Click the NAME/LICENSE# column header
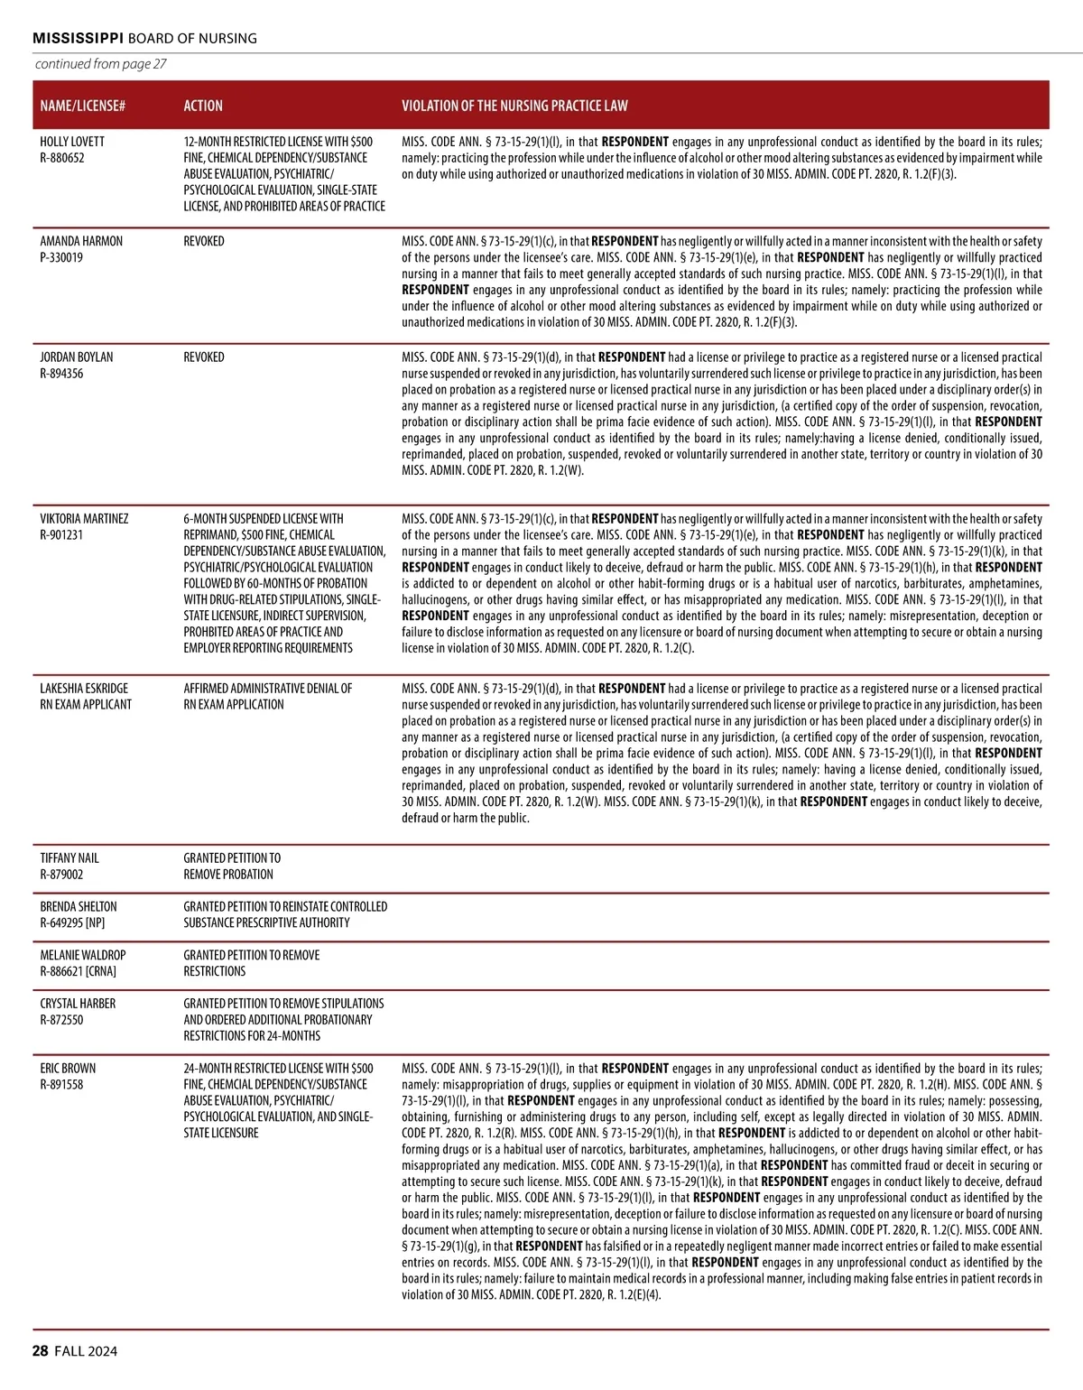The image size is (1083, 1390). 82,106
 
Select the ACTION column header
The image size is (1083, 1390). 203,106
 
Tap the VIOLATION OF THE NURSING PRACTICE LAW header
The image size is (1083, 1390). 514,106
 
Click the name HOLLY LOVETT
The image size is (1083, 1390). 72,142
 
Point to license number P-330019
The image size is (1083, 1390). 61,257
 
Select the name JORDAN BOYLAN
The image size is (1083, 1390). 77,357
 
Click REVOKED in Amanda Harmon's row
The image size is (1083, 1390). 204,241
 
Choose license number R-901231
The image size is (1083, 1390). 61,535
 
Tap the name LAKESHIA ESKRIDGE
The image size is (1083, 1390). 84,689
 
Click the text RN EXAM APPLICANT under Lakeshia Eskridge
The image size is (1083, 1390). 86,705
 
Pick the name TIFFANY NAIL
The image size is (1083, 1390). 69,858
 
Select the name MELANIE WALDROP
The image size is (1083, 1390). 83,955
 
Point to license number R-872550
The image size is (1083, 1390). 61,1020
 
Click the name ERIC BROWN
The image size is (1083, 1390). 68,1069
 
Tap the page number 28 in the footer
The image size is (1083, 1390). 41,1351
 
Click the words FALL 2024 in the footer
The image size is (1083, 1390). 86,1351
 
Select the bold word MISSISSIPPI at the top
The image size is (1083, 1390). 78,38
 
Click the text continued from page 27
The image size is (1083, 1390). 100,64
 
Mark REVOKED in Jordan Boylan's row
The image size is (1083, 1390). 204,357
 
